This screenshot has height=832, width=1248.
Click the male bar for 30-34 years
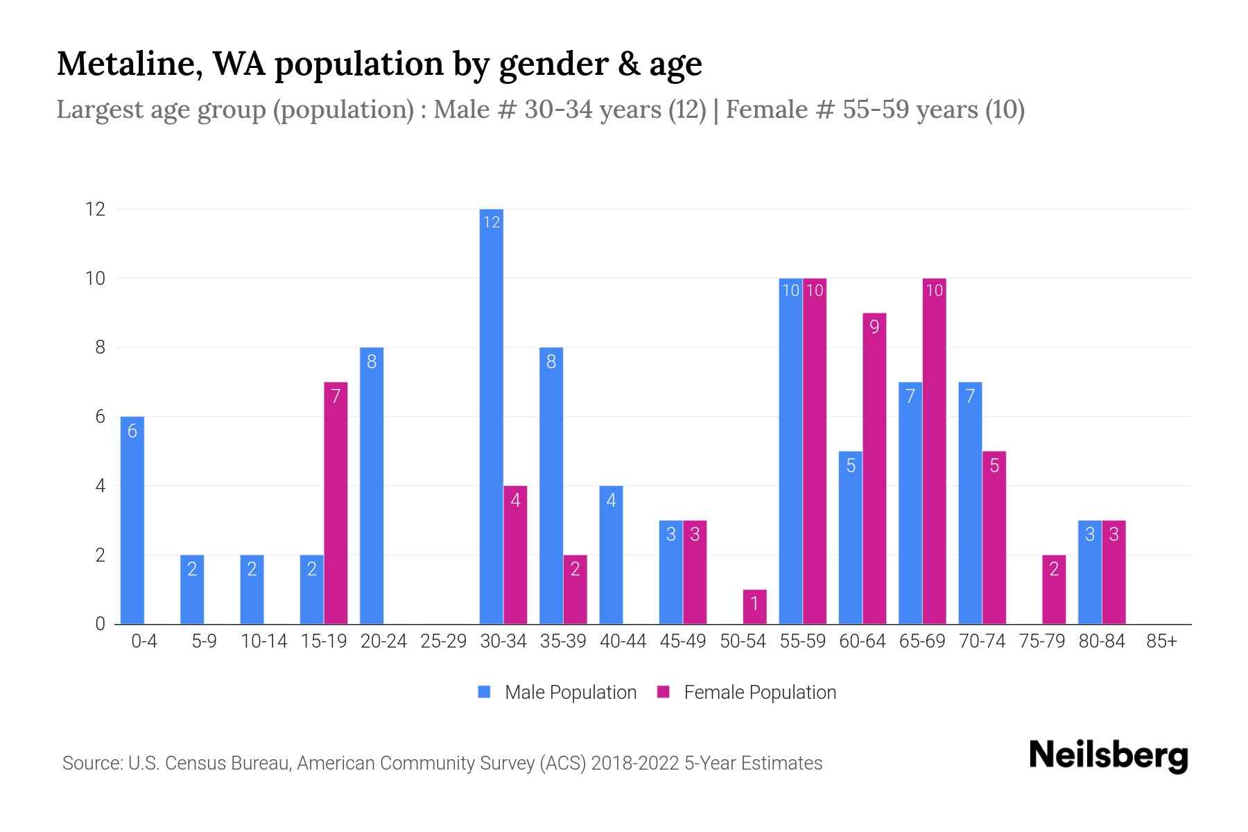492,416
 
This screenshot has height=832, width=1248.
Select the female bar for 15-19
336,503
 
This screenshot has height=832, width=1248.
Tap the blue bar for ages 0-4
132,520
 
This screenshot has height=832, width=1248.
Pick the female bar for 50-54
754,607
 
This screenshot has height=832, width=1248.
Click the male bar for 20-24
372,485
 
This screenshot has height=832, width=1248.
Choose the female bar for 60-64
874,468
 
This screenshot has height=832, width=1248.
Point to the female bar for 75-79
1054,589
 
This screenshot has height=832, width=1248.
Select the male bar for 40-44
611,555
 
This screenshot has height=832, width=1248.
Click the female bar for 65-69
934,451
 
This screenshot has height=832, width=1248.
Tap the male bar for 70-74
970,503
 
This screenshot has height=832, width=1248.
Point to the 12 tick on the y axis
95,209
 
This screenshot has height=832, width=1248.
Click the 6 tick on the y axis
101,417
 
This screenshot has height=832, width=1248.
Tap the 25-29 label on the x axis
444,641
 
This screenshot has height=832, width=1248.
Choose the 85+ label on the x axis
1161,641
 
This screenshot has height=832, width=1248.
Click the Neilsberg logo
1108,756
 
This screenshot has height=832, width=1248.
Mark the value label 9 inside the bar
874,327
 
